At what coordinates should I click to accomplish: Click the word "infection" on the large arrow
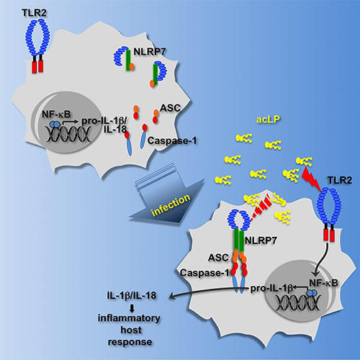coord(171,204)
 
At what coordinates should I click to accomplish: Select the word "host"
coord(131,330)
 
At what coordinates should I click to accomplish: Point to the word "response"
coord(130,342)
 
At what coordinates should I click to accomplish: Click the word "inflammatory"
coord(129,318)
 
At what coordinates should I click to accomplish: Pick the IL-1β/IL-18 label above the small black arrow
coord(132,295)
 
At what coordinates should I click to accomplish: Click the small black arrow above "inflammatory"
coord(132,308)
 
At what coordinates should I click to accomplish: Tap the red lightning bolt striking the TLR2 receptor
coord(311,179)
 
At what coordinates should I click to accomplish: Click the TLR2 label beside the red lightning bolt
coord(340,180)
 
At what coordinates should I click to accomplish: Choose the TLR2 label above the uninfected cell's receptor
coord(34,13)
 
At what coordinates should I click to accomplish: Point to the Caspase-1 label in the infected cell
coord(204,273)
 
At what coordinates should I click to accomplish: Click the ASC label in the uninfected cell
coord(170,108)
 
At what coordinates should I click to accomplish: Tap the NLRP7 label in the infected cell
coord(261,240)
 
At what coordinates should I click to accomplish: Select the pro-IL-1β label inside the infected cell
coord(271,289)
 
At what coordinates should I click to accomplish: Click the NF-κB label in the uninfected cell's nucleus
coord(56,114)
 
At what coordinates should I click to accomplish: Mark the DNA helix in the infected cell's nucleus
coord(298,302)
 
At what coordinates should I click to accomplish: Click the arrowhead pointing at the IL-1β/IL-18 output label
coord(172,297)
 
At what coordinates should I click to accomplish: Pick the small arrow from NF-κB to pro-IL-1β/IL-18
coord(71,122)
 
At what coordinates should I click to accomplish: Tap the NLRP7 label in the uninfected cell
coord(149,52)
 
